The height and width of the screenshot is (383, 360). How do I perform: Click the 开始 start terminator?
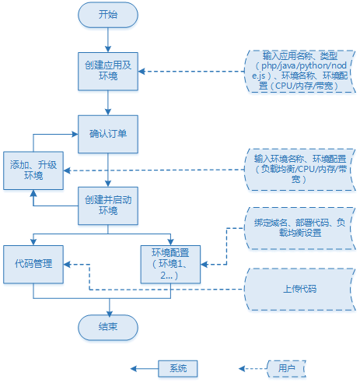(108, 15)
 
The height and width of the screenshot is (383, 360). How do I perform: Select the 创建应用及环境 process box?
(108, 72)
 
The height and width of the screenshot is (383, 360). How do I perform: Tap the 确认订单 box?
(108, 134)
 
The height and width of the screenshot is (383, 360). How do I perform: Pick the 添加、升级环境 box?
(33, 170)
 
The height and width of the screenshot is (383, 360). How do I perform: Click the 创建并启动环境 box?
(108, 206)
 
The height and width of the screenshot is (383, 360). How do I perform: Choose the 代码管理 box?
(33, 265)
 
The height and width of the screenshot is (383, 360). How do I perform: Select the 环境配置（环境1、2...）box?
(170, 265)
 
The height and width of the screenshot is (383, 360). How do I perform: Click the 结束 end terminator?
(108, 328)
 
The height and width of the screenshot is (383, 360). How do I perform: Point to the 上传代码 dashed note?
(300, 289)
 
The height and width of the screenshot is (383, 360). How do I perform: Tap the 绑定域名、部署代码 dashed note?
(300, 228)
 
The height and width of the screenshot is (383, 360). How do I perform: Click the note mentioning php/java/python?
(300, 71)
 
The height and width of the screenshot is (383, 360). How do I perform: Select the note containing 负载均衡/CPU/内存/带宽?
(300, 170)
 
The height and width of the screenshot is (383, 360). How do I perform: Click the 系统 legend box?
(178, 368)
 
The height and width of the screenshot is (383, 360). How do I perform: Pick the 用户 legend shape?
(286, 368)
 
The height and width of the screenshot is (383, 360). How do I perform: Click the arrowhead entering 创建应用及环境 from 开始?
(108, 49)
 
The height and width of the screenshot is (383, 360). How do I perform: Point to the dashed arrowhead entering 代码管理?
(67, 265)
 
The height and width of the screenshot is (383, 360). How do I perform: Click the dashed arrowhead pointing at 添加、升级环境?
(67, 170)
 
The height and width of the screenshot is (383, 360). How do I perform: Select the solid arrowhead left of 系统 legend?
(134, 368)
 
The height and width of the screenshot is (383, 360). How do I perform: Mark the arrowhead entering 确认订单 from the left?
(75, 134)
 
